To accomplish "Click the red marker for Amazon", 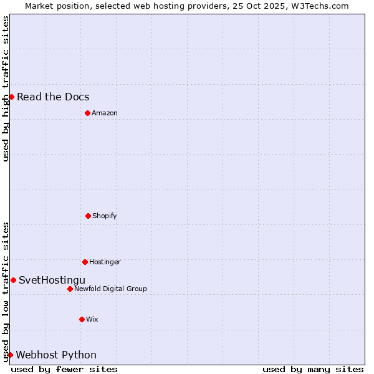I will [x=87, y=113].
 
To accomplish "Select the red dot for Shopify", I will [x=88, y=216].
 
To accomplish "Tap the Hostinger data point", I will [x=85, y=262].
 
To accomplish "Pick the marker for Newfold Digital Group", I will [x=70, y=289].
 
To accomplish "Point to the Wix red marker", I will [x=82, y=319].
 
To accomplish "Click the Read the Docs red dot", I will [x=11, y=97].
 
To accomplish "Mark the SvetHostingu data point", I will [x=13, y=280].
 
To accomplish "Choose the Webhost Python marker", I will [x=10, y=355].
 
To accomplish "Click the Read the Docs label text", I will [x=53, y=97].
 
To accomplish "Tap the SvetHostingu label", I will [x=52, y=280].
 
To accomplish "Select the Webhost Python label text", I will [x=56, y=355].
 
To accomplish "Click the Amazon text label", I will [x=105, y=113].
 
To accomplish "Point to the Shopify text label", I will [x=105, y=216].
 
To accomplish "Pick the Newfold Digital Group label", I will [x=110, y=289].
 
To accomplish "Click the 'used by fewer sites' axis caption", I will [x=64, y=369].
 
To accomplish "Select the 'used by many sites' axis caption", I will [x=313, y=369].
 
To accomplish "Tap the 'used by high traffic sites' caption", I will [x=6, y=89].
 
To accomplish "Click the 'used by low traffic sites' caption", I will [x=6, y=292].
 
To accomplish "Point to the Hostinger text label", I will [x=105, y=262].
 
